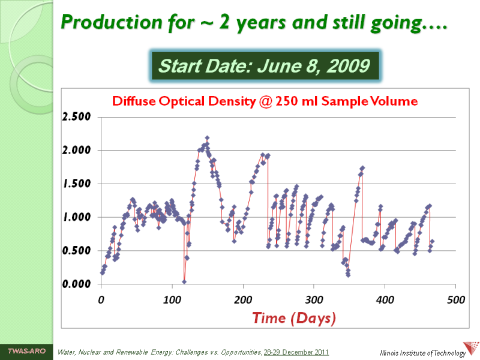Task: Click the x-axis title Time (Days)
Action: [x=294, y=317]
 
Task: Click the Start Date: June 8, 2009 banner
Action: [x=264, y=66]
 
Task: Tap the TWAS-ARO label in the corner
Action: [x=26, y=350]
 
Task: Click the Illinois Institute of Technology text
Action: [x=422, y=353]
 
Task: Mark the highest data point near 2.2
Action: [x=207, y=138]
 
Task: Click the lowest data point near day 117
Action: [x=184, y=281]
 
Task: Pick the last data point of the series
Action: [x=432, y=241]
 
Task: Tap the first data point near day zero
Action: [x=102, y=272]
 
